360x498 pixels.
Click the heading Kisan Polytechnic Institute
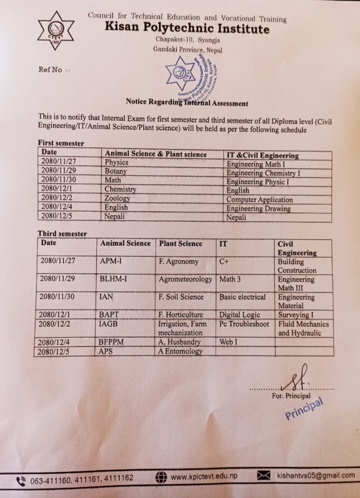(187, 28)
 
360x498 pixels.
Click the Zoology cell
(117, 198)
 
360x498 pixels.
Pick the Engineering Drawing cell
(258, 209)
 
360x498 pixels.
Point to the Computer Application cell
(260, 200)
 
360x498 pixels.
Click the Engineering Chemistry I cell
(263, 172)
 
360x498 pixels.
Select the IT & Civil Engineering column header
(262, 155)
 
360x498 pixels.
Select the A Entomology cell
(181, 351)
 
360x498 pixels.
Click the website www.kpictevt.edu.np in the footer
(204, 476)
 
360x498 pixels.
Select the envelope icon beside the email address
(264, 476)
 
